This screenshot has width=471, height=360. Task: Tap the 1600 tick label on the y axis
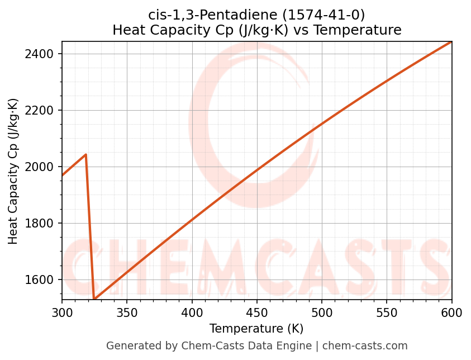tap(42, 280)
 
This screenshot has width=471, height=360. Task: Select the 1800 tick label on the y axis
tap(42, 224)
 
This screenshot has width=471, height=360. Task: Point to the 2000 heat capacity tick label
tap(42, 167)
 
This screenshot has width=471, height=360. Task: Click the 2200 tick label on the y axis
tap(42, 111)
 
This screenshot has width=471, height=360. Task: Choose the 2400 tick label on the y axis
tap(42, 54)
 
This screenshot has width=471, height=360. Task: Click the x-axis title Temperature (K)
tap(256, 329)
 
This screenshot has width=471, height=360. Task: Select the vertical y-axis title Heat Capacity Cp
tap(13, 171)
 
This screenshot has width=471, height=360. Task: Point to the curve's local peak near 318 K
tap(85, 154)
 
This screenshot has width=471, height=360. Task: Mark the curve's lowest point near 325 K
tap(94, 299)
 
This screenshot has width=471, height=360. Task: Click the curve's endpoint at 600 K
tap(451, 42)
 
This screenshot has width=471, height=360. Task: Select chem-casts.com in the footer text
tap(365, 346)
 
